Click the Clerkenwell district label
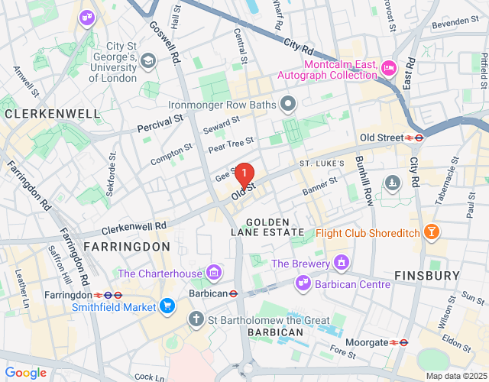pos(52,114)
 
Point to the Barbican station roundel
pos(234,293)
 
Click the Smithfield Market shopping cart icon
pos(167,307)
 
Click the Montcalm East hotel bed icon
pos(388,69)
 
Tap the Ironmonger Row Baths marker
pos(288,103)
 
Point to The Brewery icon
pos(342,264)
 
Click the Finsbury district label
pos(427,274)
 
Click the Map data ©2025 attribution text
pos(455,376)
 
